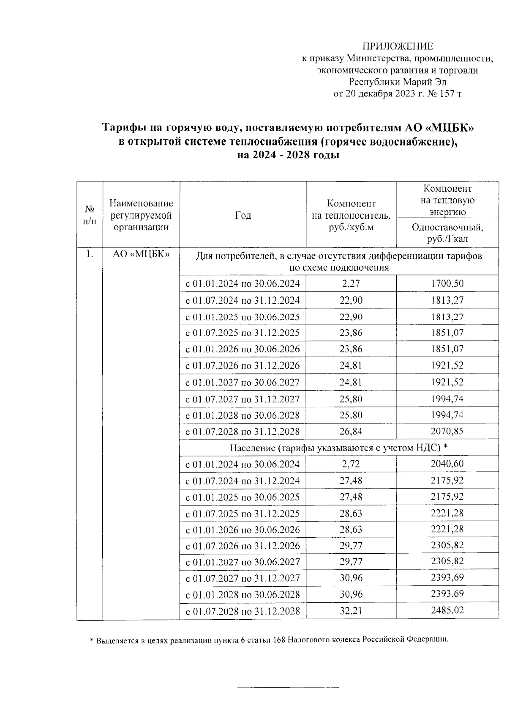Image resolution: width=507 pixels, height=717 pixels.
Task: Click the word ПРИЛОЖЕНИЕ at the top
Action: coord(398,46)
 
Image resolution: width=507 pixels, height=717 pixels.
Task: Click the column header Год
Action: coord(243,215)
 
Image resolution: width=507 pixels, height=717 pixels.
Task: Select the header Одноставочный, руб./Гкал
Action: coord(447,233)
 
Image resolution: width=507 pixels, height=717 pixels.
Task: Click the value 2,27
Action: coord(351,283)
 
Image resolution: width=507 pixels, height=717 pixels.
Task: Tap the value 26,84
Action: coord(351,431)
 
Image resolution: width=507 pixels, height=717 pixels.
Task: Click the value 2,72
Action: coord(351,464)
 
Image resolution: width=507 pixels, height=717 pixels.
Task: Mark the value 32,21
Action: coord(351,611)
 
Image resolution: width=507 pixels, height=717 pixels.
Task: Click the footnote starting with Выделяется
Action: coord(270,640)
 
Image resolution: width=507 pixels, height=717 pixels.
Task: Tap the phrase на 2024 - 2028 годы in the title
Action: coord(288,155)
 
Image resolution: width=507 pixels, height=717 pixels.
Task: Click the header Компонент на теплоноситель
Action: coord(351,215)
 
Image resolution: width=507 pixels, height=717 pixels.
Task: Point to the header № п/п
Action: coord(89,215)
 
